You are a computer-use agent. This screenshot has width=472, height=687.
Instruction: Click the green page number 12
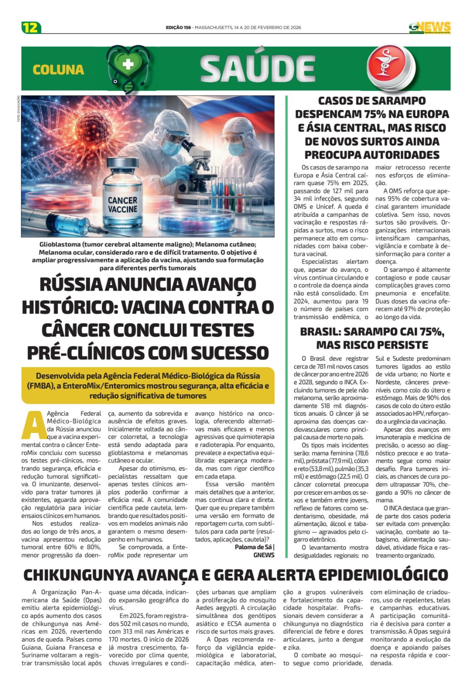tap(31, 27)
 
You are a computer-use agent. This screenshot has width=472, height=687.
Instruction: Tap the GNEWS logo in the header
tap(429, 27)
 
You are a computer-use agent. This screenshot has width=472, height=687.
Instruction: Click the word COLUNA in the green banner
tap(58, 70)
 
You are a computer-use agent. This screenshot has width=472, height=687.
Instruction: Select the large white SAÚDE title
tap(258, 69)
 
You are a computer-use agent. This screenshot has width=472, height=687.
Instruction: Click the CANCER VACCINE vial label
tap(122, 205)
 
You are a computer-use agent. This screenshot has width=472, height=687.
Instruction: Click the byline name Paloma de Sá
tap(253, 547)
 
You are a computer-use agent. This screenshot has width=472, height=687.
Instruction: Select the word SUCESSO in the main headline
tap(230, 353)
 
